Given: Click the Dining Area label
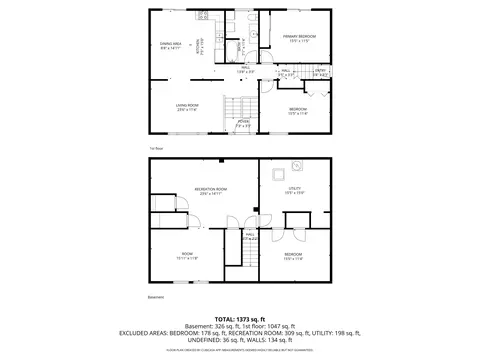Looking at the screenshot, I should pyautogui.click(x=171, y=45).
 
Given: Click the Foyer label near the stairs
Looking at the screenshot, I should pyautogui.click(x=243, y=123).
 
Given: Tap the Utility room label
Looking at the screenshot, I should pyautogui.click(x=295, y=190).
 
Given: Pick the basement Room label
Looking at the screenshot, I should pyautogui.click(x=186, y=256).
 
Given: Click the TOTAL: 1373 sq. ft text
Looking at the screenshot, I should pyautogui.click(x=239, y=319).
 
